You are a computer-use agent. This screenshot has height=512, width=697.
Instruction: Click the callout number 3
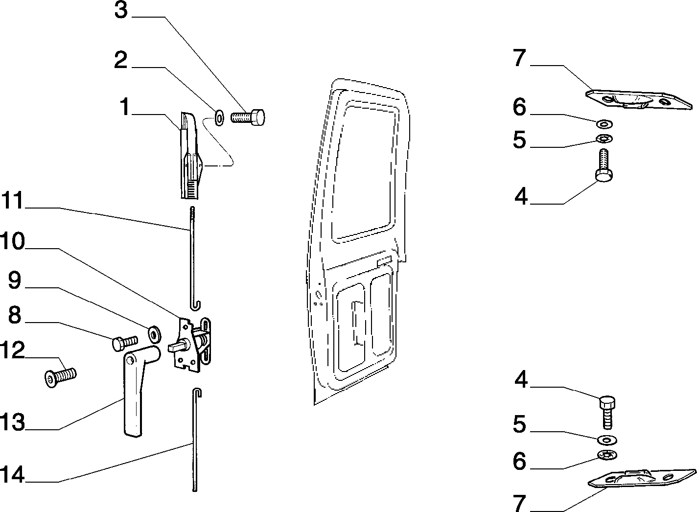(x=121, y=10)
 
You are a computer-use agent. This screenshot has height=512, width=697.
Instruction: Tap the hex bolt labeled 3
(x=248, y=117)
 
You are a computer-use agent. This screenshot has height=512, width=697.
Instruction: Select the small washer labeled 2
(x=219, y=117)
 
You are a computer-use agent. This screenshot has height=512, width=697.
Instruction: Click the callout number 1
(x=125, y=107)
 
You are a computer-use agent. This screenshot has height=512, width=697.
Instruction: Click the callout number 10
(x=12, y=241)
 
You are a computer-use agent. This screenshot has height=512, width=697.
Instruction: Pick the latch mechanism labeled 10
(x=190, y=345)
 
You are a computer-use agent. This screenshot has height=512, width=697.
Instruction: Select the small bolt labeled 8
(x=124, y=343)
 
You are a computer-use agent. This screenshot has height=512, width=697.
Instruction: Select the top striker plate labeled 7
(x=639, y=100)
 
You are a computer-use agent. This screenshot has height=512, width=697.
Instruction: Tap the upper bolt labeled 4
(x=604, y=165)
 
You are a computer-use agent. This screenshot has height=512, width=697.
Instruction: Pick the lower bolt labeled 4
(x=607, y=412)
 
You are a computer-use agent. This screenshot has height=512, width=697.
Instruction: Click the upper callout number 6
(x=519, y=107)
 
